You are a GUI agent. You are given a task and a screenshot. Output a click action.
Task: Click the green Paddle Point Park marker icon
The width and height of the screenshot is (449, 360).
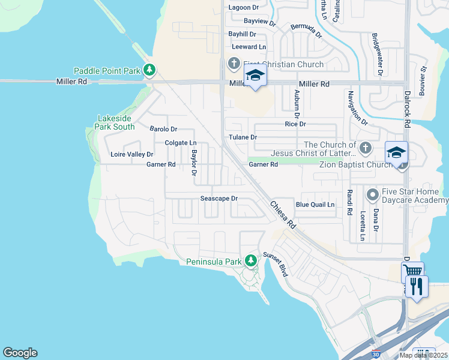[149, 71]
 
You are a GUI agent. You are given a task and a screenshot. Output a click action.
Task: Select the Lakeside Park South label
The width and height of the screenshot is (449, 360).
[115, 123]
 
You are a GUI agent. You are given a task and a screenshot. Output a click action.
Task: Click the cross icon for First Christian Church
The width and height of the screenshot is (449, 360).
[234, 64]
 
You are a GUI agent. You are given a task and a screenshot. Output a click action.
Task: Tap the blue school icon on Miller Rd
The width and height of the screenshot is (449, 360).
[255, 76]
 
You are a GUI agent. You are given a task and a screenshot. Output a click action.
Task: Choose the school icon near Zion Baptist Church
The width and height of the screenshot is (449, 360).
[397, 153]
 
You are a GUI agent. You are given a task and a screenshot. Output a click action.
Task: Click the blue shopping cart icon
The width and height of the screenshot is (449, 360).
[412, 271]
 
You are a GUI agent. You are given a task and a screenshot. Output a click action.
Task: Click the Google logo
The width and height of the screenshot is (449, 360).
[20, 353]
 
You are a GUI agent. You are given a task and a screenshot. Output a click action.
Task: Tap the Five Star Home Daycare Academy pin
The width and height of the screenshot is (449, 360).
[373, 195]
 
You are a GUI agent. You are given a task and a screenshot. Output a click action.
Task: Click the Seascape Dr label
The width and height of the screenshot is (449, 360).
[219, 199]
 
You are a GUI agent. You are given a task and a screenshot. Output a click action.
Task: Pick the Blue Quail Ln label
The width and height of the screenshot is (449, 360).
[315, 205]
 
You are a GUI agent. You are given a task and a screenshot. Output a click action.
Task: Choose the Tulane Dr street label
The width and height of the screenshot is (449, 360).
[243, 137]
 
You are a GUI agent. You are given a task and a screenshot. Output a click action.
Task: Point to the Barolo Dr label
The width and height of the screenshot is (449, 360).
[163, 129]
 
